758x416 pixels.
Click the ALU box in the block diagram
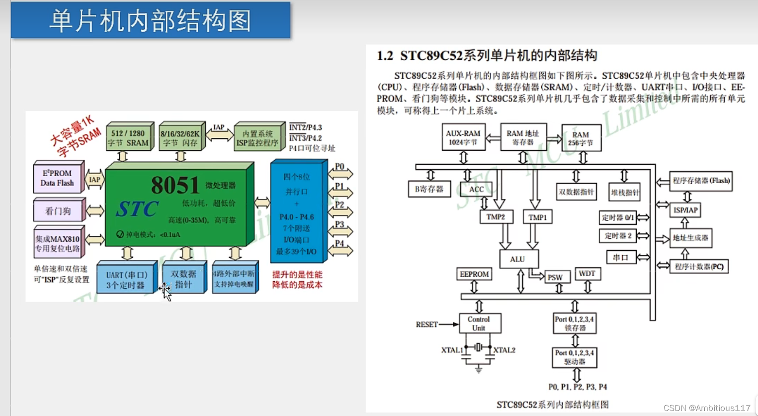[518, 259]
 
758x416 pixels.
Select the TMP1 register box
[537, 217]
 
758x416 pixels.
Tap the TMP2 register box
[496, 217]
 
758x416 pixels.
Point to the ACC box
[476, 189]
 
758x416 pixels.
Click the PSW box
[555, 278]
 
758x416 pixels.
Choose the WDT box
[587, 274]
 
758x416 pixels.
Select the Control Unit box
[479, 323]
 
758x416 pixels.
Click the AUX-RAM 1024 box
[463, 137]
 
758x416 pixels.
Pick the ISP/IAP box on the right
[685, 210]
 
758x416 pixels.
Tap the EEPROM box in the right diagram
[474, 274]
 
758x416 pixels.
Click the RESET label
[426, 324]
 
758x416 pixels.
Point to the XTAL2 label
[504, 350]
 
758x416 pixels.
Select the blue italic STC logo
[137, 209]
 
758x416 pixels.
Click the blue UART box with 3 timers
[126, 280]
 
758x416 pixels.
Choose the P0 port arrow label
[339, 167]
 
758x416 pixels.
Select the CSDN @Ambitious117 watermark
[707, 408]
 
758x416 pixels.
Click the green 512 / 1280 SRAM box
[129, 138]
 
